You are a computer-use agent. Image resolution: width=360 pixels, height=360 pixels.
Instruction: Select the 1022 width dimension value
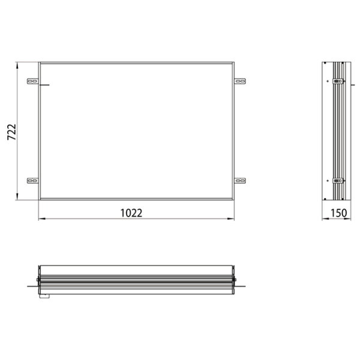click(x=131, y=213)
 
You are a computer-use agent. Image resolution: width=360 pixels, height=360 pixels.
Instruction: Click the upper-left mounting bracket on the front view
click(x=32, y=80)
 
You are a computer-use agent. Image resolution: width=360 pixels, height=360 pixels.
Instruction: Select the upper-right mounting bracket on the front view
click(x=240, y=80)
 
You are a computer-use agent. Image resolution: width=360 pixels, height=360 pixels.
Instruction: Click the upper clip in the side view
click(x=337, y=81)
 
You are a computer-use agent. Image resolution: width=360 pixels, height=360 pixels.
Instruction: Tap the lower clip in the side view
click(x=337, y=180)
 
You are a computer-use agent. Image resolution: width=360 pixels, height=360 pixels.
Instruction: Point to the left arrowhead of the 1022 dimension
click(x=41, y=220)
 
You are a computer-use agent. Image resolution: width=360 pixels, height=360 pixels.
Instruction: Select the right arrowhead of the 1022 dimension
click(x=232, y=220)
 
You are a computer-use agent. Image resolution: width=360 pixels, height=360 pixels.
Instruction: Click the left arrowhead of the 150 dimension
click(x=324, y=220)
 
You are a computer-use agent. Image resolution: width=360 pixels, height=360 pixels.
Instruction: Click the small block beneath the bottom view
click(x=44, y=295)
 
